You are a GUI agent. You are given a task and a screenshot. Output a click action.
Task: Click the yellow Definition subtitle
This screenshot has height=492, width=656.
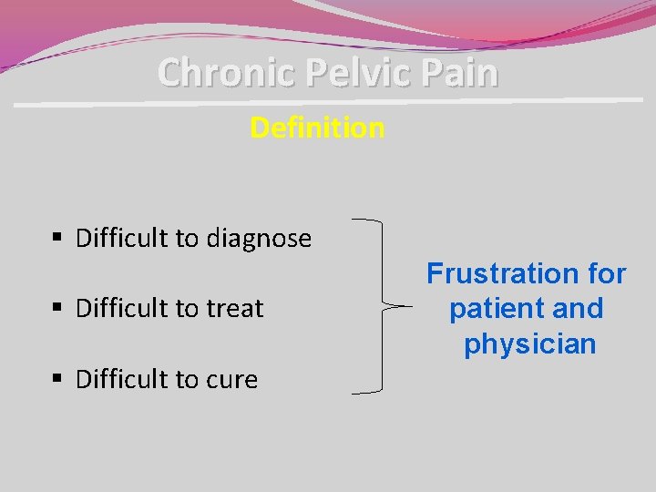tap(317, 128)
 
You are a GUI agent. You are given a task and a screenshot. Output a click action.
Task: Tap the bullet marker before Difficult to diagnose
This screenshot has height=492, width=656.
tap(57, 239)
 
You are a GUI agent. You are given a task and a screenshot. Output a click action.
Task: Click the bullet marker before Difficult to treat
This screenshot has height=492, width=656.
tap(57, 309)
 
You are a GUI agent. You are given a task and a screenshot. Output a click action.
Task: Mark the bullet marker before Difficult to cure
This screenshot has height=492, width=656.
tap(57, 379)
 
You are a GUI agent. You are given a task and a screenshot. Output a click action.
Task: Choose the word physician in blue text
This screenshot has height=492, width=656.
tap(529, 344)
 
